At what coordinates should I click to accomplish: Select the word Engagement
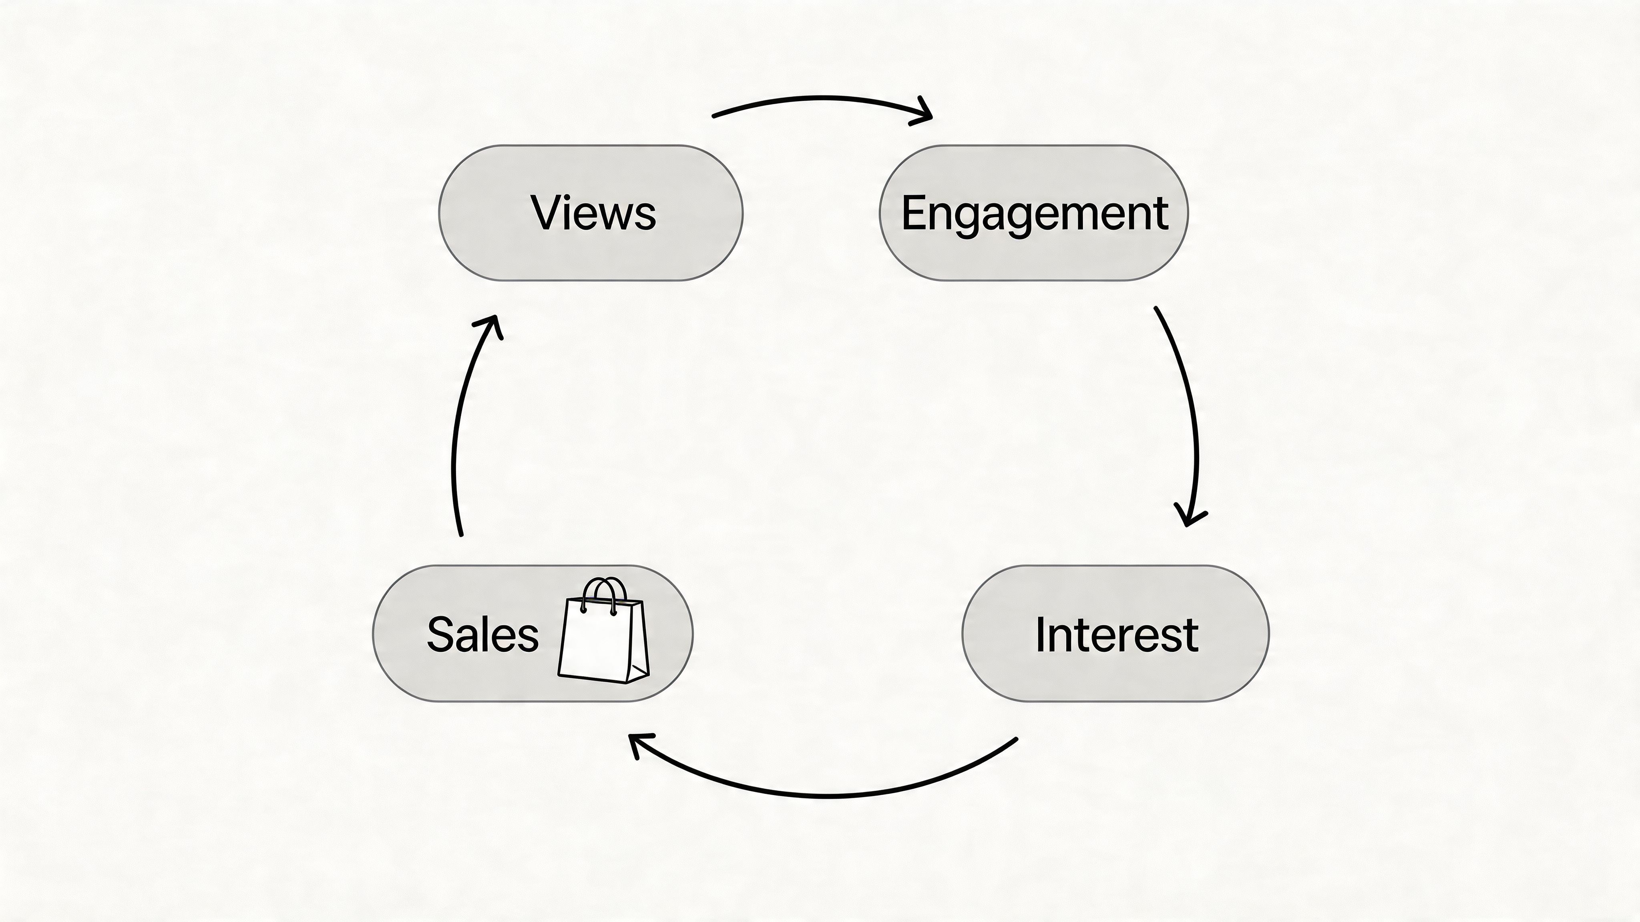pos(1035,214)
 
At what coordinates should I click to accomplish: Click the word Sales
pos(482,634)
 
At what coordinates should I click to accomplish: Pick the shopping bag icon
pos(603,636)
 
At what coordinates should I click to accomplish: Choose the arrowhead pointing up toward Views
pos(490,325)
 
